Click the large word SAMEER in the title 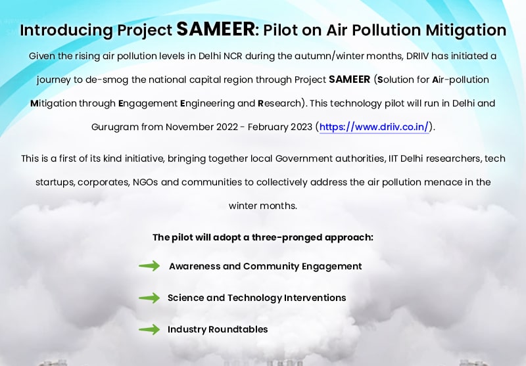click(x=216, y=29)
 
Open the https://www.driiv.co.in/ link click(x=374, y=127)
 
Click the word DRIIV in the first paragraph click(x=418, y=56)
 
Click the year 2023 click(x=301, y=127)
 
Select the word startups click(x=55, y=183)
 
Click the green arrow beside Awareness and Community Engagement click(x=149, y=265)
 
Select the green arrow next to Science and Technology click(x=149, y=298)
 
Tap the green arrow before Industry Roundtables click(x=149, y=329)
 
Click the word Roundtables click(x=238, y=329)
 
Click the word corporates click(x=104, y=183)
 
